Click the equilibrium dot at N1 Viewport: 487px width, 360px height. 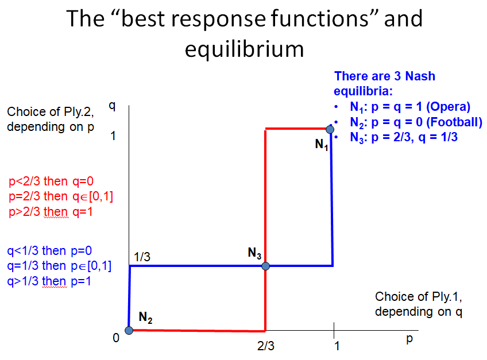coord(330,129)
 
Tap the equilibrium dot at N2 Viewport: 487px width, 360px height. coord(129,331)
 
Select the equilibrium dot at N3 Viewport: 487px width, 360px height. coord(265,266)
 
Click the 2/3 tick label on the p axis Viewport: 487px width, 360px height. coord(266,346)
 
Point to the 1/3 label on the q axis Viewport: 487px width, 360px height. coord(142,257)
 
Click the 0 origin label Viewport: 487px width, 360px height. coord(116,338)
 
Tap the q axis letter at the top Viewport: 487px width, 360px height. coord(112,107)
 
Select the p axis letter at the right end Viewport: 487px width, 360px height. coord(409,339)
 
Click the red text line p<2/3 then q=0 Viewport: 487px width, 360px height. coord(51,181)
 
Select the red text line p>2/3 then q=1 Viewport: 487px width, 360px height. coord(51,211)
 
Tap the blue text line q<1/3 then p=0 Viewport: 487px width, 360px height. coord(49,251)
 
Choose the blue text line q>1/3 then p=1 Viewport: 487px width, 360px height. coord(49,281)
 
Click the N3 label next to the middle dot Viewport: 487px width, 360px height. coord(254,253)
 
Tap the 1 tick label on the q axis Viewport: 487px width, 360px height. coord(113,136)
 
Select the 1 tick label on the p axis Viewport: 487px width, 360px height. coord(337,346)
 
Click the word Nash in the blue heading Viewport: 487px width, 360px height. coord(420,76)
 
